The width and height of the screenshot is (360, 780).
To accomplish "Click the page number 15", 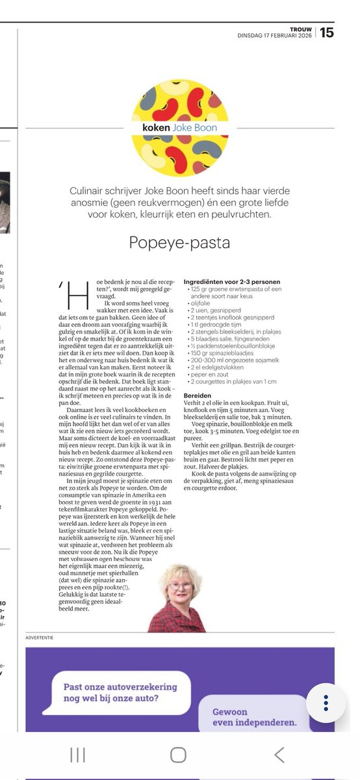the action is tap(327, 32).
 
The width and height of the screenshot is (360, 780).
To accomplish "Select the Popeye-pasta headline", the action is tap(179, 242).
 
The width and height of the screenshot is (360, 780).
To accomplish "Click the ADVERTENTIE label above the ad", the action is tap(40, 637).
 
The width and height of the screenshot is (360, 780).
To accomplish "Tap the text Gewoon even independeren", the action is tap(253, 716).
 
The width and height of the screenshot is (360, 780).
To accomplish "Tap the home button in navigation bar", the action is tap(178, 755).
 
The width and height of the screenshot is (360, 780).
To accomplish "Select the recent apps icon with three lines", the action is tap(77, 755).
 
